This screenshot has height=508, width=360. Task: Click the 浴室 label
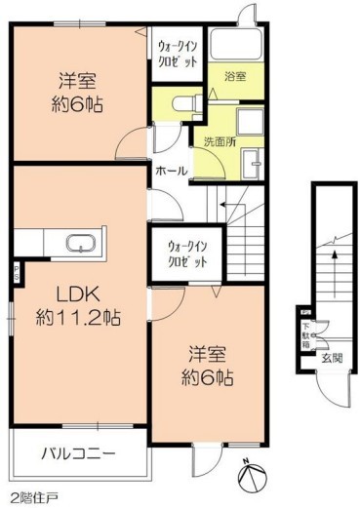(x=235, y=76)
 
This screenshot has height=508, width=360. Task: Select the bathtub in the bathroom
(x=237, y=47)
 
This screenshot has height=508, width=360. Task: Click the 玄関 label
(x=334, y=358)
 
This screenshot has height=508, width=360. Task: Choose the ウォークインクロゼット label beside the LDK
(x=185, y=255)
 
